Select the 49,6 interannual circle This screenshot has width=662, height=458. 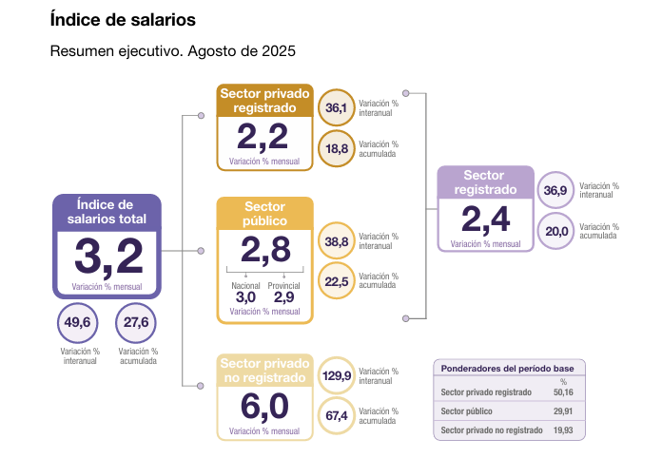point(76,322)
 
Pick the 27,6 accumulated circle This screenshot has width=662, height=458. point(136,322)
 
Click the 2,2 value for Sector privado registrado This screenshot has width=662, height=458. point(263,138)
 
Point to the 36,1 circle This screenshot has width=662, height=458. point(336,108)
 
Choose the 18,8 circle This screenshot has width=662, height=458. point(336,148)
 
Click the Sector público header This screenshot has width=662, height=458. point(264,214)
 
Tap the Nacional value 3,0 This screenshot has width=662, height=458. point(245,297)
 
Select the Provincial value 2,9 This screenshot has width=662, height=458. point(283,297)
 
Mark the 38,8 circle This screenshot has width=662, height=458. point(337,242)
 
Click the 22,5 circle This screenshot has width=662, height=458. point(337,281)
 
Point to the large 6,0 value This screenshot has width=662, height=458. point(264,406)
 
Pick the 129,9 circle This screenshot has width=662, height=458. point(337,376)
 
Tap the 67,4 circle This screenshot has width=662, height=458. point(337,416)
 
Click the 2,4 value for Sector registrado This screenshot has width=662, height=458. point(485,219)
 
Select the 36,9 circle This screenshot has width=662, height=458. point(555,191)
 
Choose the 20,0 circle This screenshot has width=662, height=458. point(555,231)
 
